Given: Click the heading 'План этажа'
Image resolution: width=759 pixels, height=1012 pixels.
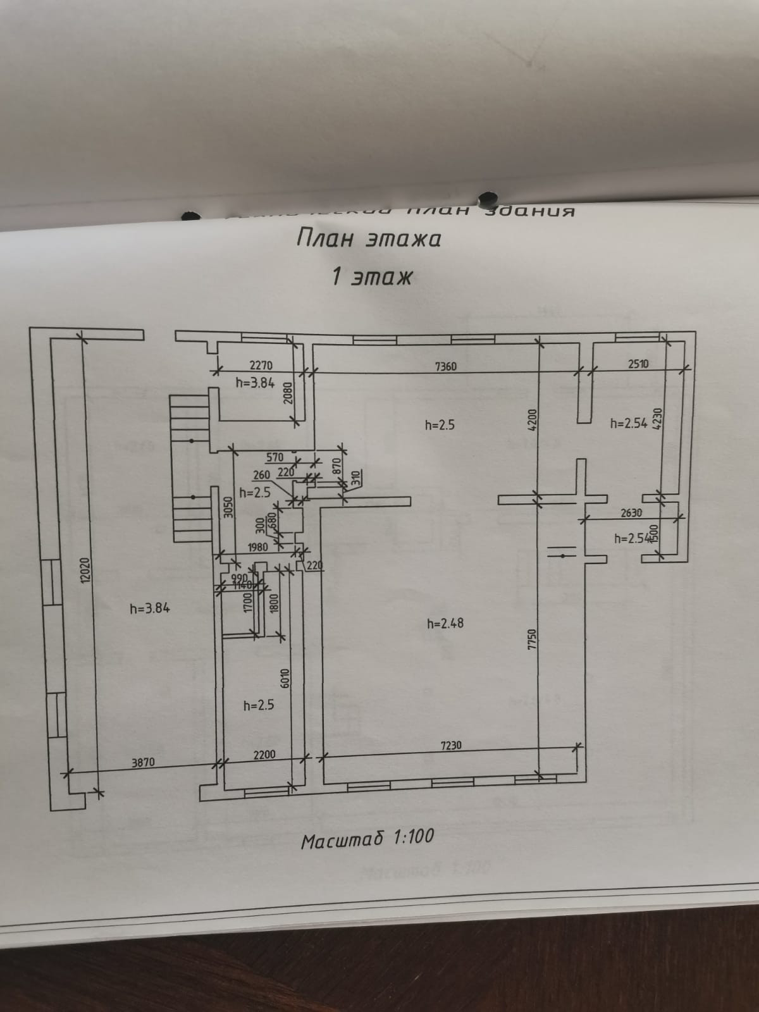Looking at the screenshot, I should (x=369, y=238).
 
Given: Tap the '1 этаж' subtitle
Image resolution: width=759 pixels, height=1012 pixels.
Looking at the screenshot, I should (x=372, y=276).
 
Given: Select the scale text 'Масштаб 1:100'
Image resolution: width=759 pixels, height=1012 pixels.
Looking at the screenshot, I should (x=367, y=838).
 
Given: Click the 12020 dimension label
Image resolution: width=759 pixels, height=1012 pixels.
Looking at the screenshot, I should (x=87, y=571).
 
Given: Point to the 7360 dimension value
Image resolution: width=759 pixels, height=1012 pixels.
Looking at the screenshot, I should (x=445, y=366).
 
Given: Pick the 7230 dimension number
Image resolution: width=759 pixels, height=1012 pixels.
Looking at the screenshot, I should (x=450, y=745).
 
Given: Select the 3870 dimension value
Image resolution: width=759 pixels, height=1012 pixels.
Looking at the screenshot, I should (x=142, y=763).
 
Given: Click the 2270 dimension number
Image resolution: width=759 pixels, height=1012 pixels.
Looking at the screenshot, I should (x=261, y=365).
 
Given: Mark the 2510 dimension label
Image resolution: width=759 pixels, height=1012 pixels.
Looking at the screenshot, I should (x=638, y=364).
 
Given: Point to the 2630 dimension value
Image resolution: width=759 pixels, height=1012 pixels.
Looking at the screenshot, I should (x=631, y=513).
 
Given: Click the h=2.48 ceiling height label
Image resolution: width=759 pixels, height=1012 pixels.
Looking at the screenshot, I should (x=445, y=623).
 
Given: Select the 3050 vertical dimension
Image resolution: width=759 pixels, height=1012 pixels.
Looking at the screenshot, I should (x=228, y=506).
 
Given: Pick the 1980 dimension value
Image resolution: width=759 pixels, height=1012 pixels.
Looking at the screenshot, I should (x=257, y=546).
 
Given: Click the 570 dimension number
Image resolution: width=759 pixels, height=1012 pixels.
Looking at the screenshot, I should (x=275, y=457).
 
